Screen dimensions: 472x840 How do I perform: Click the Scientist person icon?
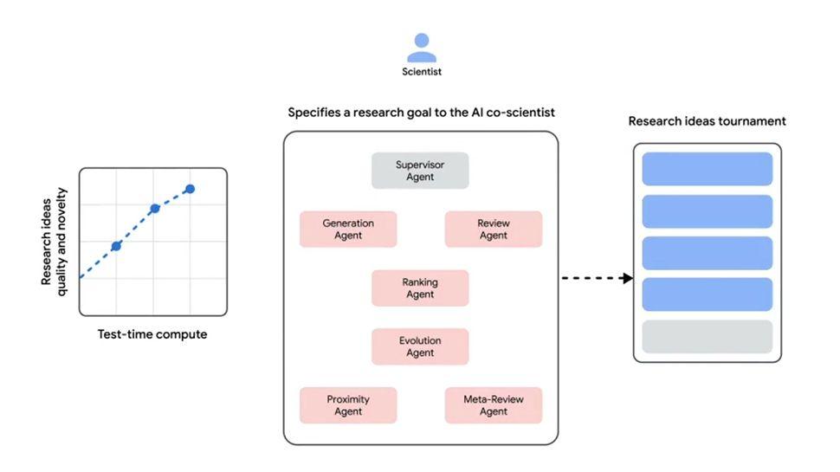click(421, 47)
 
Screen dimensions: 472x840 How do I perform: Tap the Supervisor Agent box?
click(420, 171)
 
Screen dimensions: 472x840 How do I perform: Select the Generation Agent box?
click(348, 230)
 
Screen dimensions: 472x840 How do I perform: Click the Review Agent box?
click(494, 230)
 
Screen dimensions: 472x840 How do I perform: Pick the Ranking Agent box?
click(420, 288)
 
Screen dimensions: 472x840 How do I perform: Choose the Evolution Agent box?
click(420, 346)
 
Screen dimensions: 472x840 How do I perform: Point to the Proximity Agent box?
click(348, 405)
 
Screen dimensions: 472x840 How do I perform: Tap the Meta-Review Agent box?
click(494, 405)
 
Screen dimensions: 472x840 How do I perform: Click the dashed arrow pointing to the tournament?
click(598, 278)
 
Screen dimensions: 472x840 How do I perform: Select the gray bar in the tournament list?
click(707, 337)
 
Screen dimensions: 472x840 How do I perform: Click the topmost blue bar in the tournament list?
click(707, 169)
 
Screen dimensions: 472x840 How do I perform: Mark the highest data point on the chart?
click(190, 189)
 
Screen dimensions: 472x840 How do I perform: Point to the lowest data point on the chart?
click(116, 246)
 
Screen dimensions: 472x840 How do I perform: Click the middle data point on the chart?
click(154, 209)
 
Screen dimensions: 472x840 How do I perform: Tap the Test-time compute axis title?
click(152, 334)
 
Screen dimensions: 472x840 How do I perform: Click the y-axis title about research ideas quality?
click(54, 241)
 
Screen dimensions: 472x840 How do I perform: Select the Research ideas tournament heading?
click(707, 121)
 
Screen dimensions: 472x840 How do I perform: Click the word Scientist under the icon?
click(422, 72)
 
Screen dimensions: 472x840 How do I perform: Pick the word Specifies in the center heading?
click(313, 113)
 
